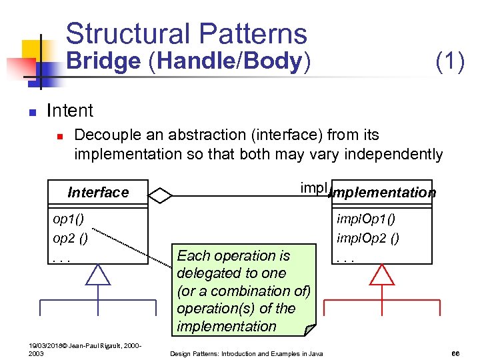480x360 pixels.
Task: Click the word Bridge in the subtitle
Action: (x=103, y=61)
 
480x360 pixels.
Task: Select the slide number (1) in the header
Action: (x=449, y=61)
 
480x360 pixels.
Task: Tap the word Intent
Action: (x=70, y=110)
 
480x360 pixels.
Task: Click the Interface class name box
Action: (x=98, y=193)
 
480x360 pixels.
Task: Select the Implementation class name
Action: (x=383, y=193)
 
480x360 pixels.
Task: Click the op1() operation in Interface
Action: (x=69, y=219)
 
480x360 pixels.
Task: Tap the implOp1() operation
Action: (x=365, y=219)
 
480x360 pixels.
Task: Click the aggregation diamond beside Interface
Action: (x=161, y=196)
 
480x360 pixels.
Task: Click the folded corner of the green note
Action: (x=309, y=329)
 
